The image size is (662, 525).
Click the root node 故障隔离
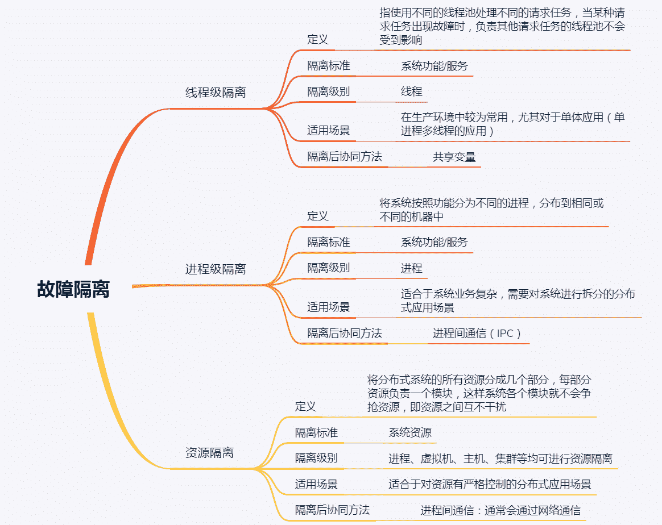click(73, 290)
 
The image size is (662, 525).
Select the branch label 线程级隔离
click(216, 92)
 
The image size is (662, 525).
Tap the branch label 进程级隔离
click(216, 269)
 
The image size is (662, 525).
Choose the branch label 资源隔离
click(209, 453)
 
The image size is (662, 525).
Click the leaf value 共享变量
click(454, 157)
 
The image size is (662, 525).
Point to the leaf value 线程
click(411, 91)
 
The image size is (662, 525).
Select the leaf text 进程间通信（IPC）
click(477, 333)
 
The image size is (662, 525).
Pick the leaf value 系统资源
click(410, 432)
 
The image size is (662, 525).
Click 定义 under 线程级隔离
click(318, 39)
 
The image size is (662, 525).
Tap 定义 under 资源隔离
click(305, 406)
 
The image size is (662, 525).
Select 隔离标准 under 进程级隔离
click(329, 242)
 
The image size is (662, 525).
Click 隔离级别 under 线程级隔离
click(329, 91)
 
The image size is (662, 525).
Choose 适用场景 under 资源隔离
click(316, 484)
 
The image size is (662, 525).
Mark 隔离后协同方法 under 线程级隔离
click(345, 157)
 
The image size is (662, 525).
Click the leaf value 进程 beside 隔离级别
click(411, 268)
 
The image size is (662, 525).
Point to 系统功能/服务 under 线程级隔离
click(435, 66)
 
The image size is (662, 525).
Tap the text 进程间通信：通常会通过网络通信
click(500, 510)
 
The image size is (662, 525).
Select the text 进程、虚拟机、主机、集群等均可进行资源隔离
click(500, 459)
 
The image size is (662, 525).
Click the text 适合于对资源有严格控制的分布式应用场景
click(490, 484)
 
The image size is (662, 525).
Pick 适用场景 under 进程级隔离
click(329, 307)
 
